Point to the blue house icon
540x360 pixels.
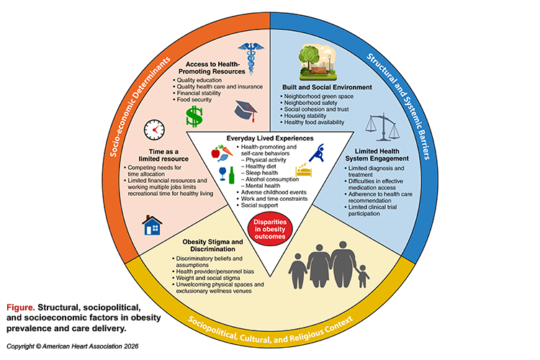153,225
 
